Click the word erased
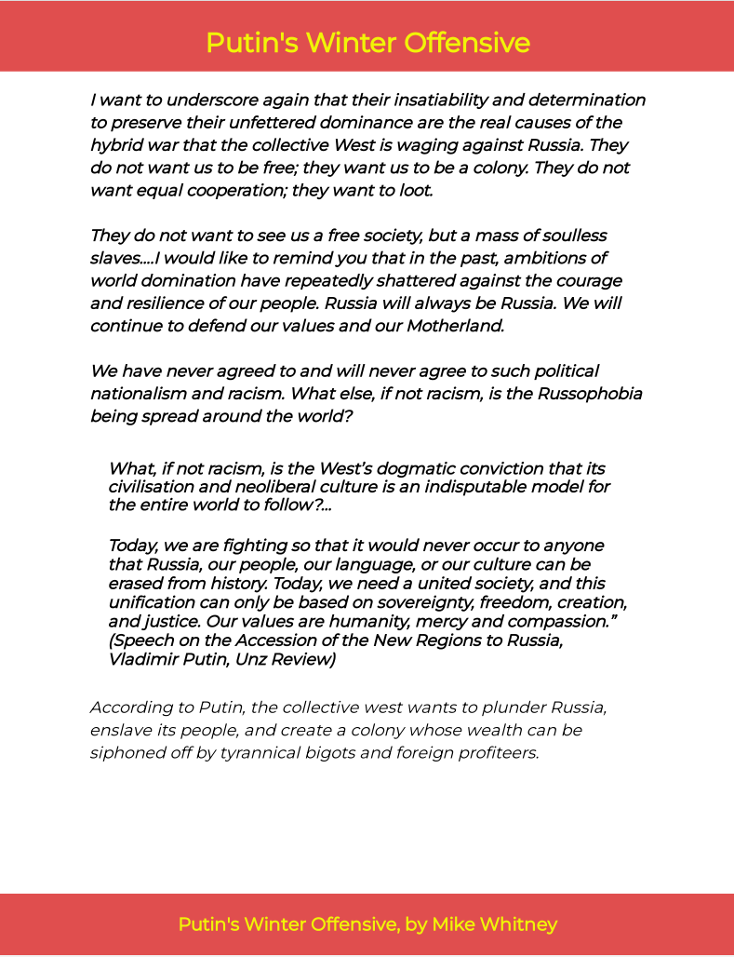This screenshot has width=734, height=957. (x=135, y=583)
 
